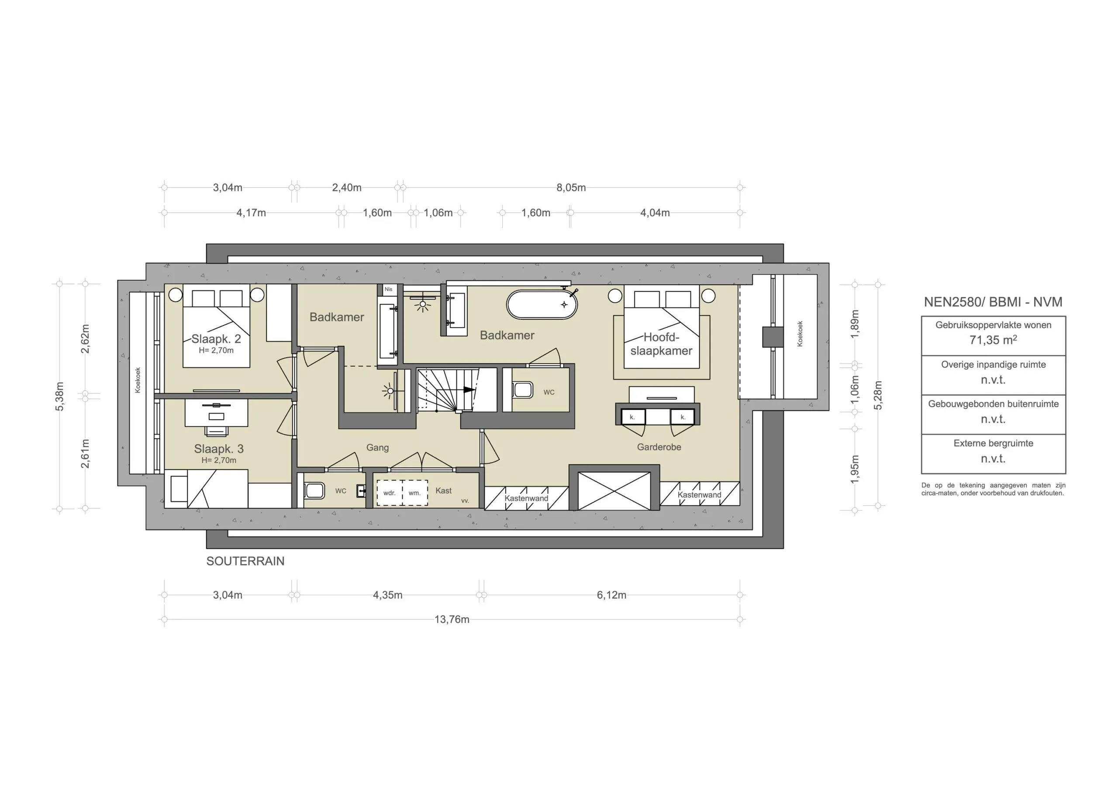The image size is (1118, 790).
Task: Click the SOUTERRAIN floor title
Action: coord(245,561)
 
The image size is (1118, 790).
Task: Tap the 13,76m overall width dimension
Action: coord(452,620)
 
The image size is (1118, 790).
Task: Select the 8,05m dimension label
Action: coord(571,187)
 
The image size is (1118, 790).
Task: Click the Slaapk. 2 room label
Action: coord(216,339)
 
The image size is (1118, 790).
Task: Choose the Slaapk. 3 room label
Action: coord(219,448)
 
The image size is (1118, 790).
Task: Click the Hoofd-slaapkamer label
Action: coord(661,344)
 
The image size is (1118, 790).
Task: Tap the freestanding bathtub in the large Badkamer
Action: coord(542,305)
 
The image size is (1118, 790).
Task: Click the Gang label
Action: coord(377,447)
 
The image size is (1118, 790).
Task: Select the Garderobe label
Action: coord(659,447)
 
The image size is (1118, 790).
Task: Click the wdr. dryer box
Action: coord(389,493)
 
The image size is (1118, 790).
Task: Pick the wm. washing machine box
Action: coord(415,493)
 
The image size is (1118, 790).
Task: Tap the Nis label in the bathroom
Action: coord(388,289)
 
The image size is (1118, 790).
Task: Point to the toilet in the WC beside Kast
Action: coord(314,490)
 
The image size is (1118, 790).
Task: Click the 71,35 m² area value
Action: coord(993,340)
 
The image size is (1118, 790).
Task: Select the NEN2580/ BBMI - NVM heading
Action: coord(993,302)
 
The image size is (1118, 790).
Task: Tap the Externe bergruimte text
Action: coord(993,443)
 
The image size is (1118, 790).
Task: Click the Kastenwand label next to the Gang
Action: coord(526,498)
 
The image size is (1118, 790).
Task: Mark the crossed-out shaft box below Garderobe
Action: coord(614,491)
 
